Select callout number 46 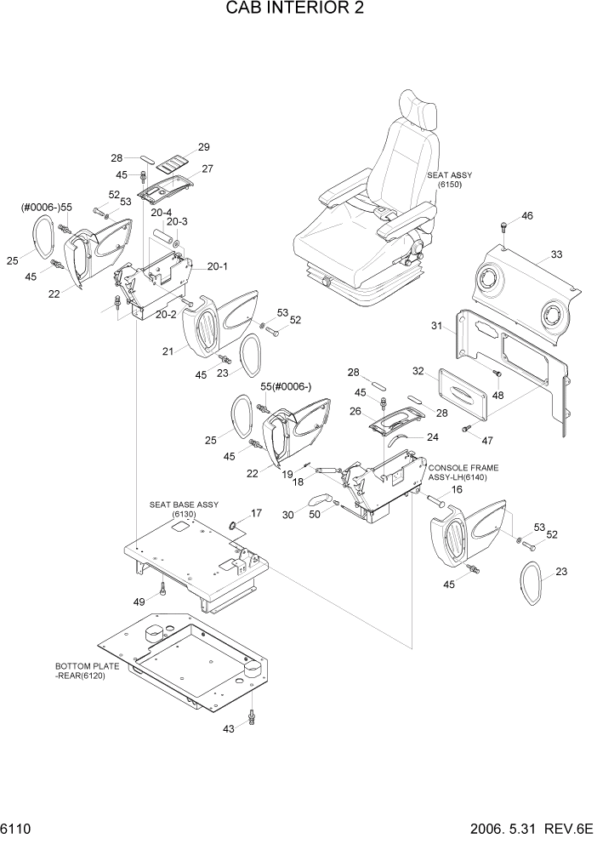coord(527,217)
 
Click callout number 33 coord(556,254)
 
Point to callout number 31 coord(436,327)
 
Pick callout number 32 coord(418,371)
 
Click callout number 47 coord(486,442)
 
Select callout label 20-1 coord(217,265)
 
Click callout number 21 coord(168,351)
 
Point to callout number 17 coord(256,513)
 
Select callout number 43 coord(228,729)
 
